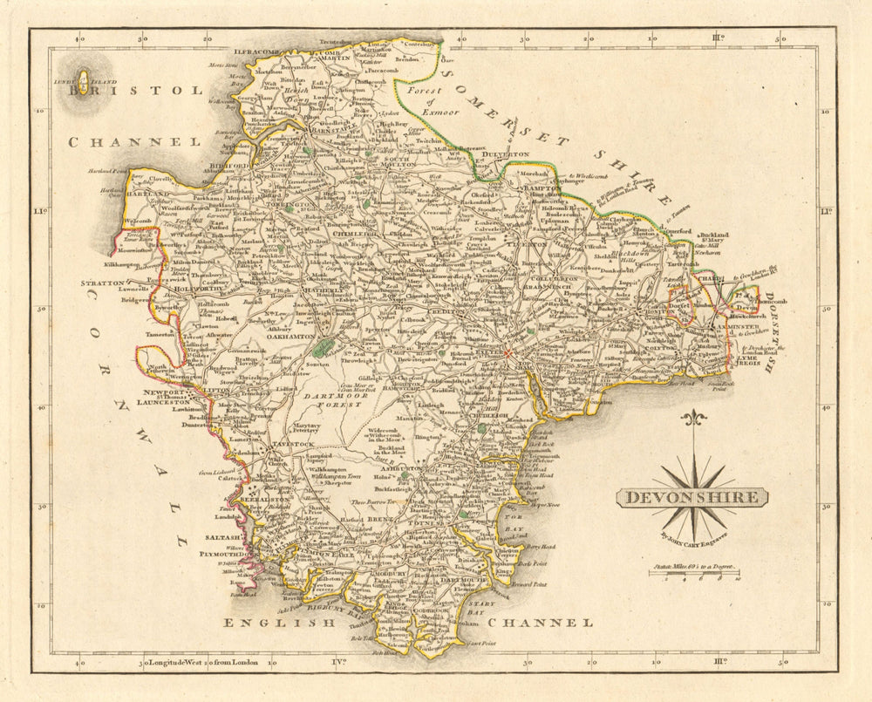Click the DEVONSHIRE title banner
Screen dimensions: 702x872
[x=692, y=498]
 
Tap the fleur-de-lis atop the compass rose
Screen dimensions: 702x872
[x=692, y=420]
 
